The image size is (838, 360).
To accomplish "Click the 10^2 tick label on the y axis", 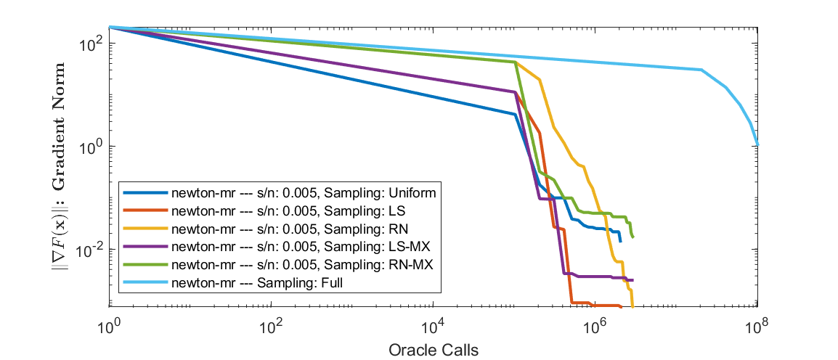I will pos(90,44).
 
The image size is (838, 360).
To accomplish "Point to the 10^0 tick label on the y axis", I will pos(90,147).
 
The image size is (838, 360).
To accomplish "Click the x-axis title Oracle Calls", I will pos(433,350).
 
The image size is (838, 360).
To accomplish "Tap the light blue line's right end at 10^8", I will pos(757,145).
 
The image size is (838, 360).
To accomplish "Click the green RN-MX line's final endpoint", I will pos(633,237).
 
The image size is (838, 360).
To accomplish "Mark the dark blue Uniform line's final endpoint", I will pos(620,241).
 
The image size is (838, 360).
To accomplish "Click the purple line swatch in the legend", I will pos(145,247).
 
